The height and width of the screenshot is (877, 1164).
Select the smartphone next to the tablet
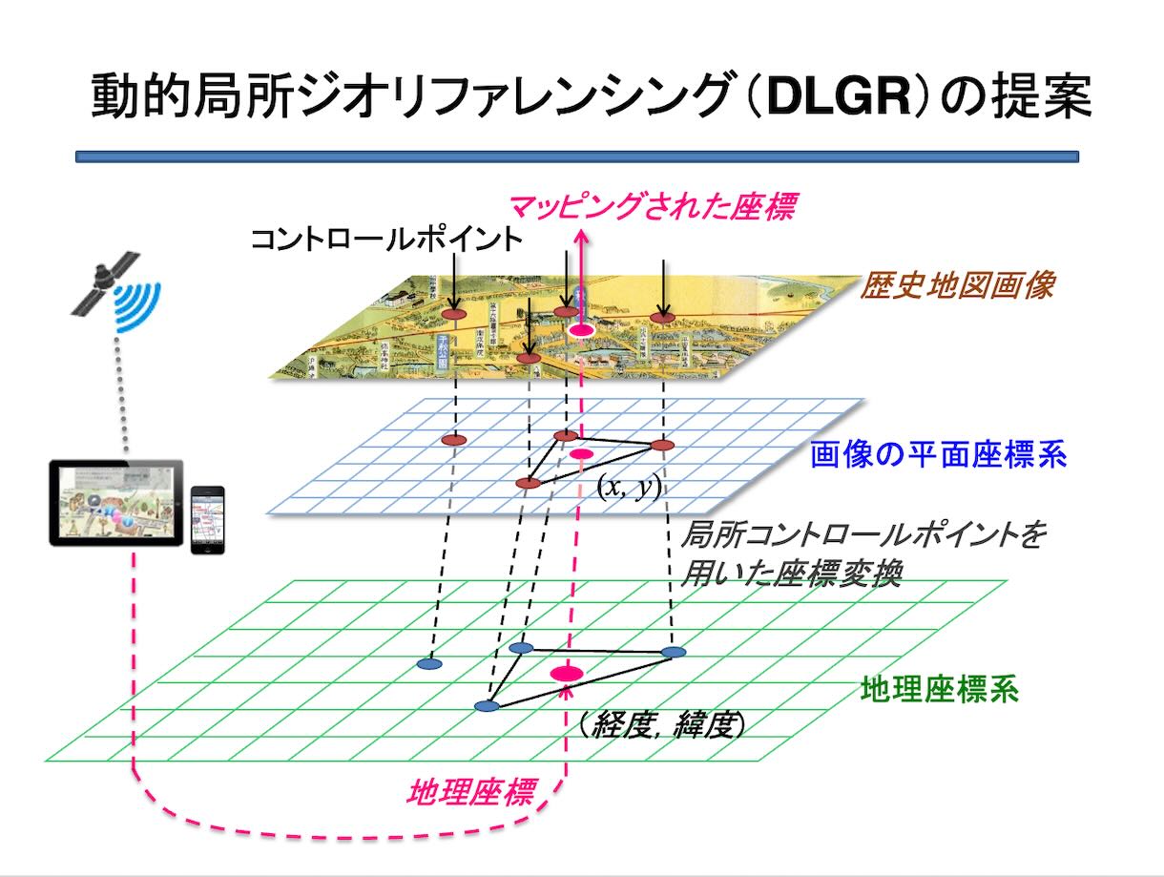207,519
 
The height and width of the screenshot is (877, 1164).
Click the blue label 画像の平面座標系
938,454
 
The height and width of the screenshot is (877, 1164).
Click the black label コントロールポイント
386,239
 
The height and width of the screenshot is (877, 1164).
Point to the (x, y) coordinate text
630,486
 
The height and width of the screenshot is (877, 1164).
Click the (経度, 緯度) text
661,725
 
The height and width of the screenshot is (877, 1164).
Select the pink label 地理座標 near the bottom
470,791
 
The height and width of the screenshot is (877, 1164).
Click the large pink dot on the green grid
567,674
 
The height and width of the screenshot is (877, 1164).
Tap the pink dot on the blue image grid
581,453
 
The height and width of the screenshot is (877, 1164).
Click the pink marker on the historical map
581,329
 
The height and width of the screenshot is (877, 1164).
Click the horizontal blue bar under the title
576,156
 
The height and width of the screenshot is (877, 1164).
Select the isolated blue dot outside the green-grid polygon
430,662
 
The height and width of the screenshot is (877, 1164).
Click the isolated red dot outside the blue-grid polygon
454,440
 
